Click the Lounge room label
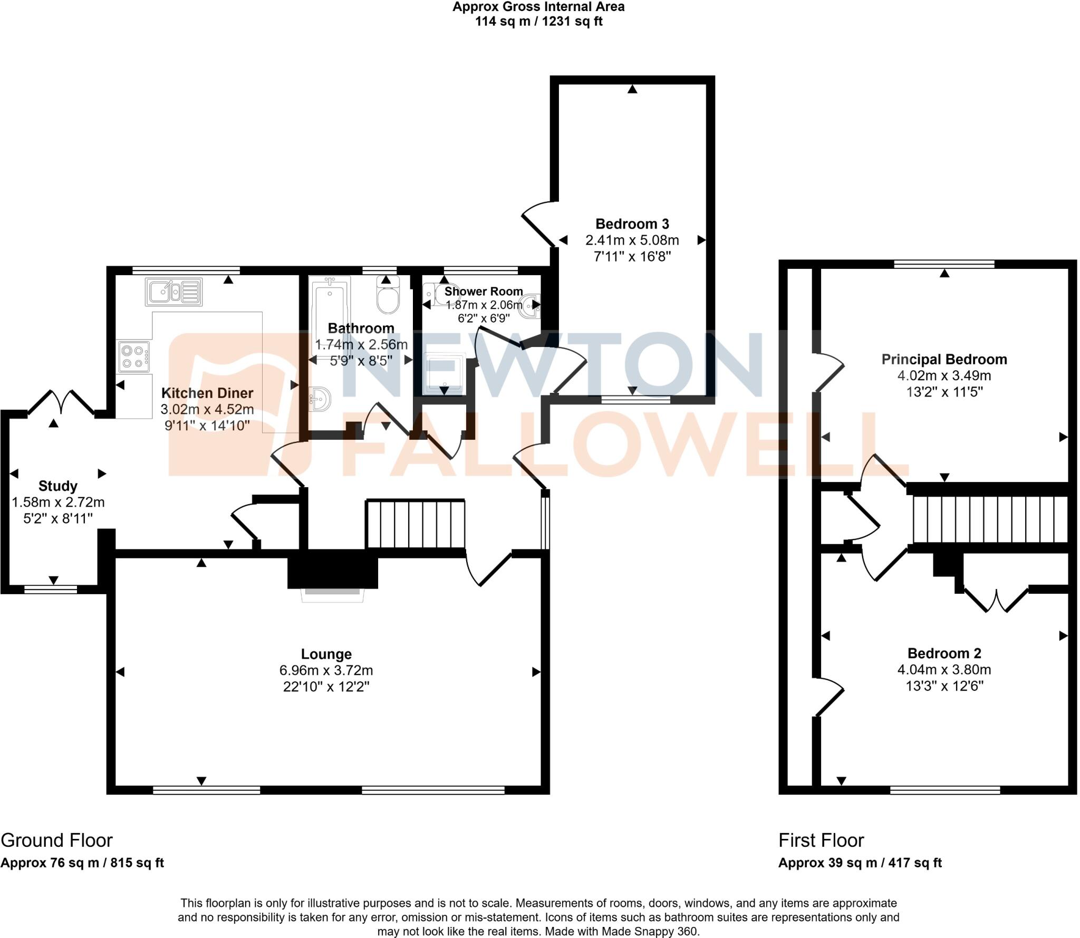(x=326, y=654)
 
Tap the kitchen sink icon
(x=173, y=292)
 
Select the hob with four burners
(x=134, y=356)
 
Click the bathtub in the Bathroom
(x=329, y=311)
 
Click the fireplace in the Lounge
(x=333, y=593)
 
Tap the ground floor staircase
(x=416, y=524)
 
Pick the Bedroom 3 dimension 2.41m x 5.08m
(x=632, y=240)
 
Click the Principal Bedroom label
(x=944, y=360)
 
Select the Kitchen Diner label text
(x=207, y=393)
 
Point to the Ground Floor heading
(x=56, y=840)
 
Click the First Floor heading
(x=821, y=840)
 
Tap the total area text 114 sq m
(x=538, y=22)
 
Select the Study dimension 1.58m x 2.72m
(x=58, y=502)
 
